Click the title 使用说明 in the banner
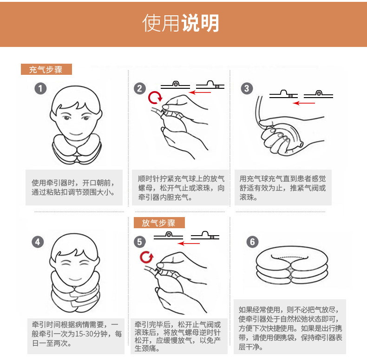pyautogui.click(x=180, y=23)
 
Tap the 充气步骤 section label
pyautogui.click(x=46, y=69)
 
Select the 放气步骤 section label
pyautogui.click(x=159, y=223)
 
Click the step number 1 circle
pyautogui.click(x=40, y=88)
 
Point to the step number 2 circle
pyautogui.click(x=140, y=88)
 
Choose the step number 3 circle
pyautogui.click(x=247, y=88)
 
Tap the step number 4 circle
pyautogui.click(x=38, y=242)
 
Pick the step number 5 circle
pyautogui.click(x=140, y=242)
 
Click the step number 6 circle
pyautogui.click(x=253, y=242)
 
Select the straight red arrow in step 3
pyautogui.click(x=304, y=103)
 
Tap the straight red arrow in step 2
pyautogui.click(x=200, y=92)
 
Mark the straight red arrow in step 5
pyautogui.click(x=189, y=244)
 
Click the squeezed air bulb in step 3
pyautogui.click(x=287, y=138)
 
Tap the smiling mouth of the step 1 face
pyautogui.click(x=76, y=134)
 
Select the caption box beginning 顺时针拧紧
pyautogui.click(x=180, y=188)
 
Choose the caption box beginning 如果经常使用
pyautogui.click(x=290, y=327)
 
